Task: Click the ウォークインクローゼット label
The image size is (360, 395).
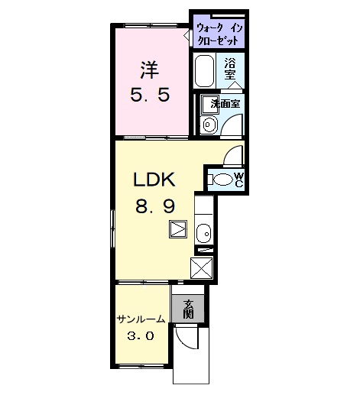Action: [219, 34]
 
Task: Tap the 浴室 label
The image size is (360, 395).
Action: [230, 69]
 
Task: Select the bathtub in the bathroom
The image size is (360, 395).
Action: [204, 71]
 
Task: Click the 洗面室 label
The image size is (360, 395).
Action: [225, 104]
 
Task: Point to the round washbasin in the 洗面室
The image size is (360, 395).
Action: [209, 125]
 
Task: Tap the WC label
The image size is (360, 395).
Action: [238, 180]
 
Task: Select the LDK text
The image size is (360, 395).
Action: [154, 180]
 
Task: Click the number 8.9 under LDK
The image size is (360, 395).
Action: [155, 206]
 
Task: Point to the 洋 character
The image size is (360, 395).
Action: [149, 70]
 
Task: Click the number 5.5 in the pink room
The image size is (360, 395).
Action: [150, 95]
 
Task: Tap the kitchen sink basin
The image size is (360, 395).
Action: [204, 234]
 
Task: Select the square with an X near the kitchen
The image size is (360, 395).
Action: [202, 268]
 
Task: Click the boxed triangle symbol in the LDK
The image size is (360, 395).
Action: [178, 229]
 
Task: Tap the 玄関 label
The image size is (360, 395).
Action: [188, 309]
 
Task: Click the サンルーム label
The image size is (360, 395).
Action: [141, 319]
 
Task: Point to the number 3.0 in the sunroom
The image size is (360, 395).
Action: [141, 336]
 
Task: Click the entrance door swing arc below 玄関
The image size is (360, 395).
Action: [184, 340]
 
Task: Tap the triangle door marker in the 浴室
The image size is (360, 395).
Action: [235, 86]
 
